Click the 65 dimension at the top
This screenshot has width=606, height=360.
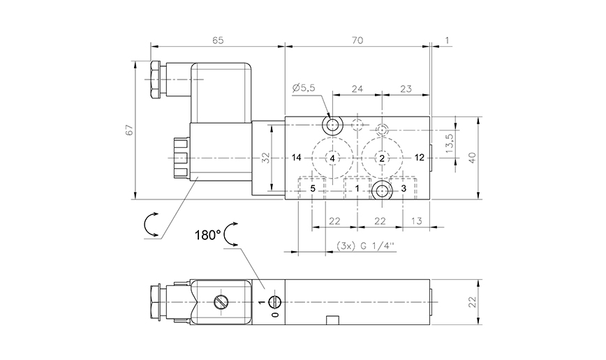tap(217, 40)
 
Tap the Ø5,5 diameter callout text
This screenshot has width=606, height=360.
tap(304, 87)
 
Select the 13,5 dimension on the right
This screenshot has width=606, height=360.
tap(450, 144)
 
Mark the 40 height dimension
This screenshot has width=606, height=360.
tap(472, 158)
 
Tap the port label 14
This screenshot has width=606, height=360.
tap(297, 158)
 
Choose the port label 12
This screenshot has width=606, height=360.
tap(419, 158)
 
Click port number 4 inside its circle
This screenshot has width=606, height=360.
tap(332, 159)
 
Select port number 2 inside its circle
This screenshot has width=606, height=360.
tap(382, 159)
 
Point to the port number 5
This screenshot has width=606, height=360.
tap(313, 188)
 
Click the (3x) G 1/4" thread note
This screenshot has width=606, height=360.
tap(365, 246)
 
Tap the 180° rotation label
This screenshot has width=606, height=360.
tap(208, 234)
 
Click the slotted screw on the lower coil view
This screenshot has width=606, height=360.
tap(221, 303)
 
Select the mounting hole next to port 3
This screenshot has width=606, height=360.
tap(381, 190)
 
